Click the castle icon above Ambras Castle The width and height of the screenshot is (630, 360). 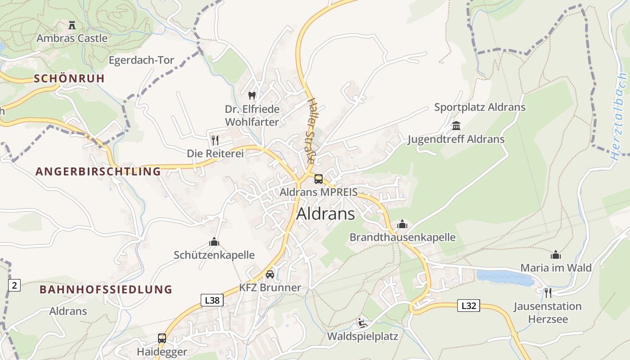(72, 25)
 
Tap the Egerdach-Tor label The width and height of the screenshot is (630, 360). (141, 60)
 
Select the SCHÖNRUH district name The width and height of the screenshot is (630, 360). (69, 78)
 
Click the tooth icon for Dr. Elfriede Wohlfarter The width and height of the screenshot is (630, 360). (252, 95)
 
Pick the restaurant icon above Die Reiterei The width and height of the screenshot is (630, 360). (215, 140)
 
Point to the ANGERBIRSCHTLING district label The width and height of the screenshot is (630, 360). (98, 171)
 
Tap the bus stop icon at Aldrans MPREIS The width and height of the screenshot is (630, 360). (319, 179)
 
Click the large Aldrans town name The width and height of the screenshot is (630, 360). (325, 214)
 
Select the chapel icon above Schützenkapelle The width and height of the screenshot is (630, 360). (214, 242)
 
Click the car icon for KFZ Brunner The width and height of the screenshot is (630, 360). (270, 274)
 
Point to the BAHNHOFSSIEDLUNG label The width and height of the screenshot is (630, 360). (106, 289)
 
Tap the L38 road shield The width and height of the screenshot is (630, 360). (211, 300)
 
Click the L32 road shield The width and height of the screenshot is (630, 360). (468, 306)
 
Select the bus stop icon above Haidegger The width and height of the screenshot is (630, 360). (162, 338)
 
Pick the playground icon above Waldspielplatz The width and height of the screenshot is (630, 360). (362, 323)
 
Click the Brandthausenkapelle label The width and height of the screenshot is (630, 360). (402, 237)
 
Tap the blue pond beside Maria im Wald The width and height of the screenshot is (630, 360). (504, 278)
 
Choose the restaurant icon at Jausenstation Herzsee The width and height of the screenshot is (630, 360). (548, 293)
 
